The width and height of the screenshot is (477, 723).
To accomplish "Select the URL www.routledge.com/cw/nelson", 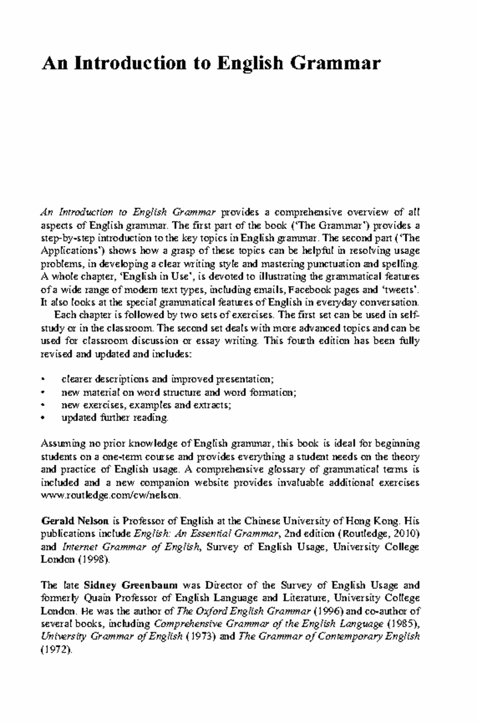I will (x=112, y=496).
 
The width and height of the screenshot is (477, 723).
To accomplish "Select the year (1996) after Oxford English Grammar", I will (x=332, y=611).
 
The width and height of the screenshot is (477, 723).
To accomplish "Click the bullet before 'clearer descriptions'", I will (x=43, y=379).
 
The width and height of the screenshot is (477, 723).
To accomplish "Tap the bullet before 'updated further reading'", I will (x=43, y=418).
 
